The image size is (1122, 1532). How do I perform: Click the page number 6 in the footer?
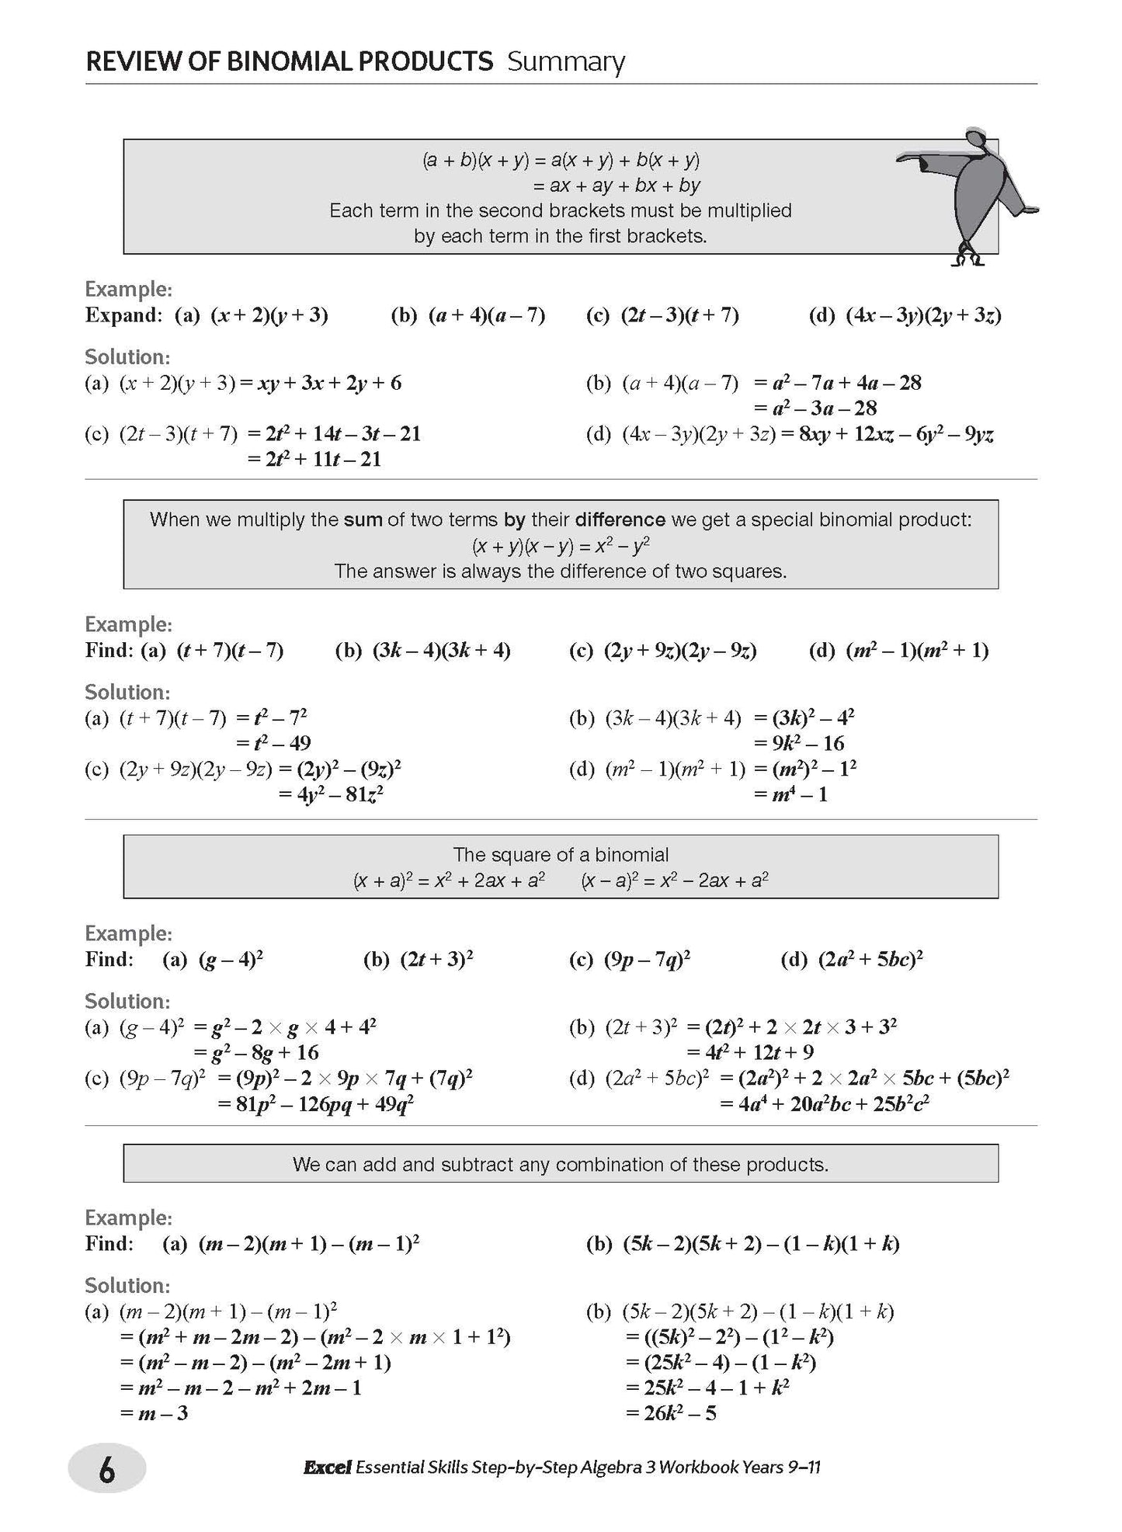coord(106,1470)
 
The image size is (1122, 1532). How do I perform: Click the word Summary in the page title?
coord(566,62)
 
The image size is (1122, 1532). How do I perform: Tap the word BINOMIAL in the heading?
coord(361,62)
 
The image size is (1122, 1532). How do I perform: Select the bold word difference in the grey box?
coord(620,519)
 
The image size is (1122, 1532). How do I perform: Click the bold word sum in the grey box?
coord(363,519)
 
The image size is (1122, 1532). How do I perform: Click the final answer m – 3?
coord(155,1412)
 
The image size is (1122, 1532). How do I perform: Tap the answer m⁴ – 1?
coord(791,794)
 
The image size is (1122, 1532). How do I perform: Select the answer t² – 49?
coord(274,743)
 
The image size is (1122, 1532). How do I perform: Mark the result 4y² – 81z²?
coord(332,794)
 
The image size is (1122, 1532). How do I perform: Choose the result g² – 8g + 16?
coord(257,1052)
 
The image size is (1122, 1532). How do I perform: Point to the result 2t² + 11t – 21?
coord(314,459)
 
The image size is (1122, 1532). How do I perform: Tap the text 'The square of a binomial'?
coord(561,855)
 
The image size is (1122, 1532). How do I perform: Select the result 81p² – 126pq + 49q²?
coord(316,1103)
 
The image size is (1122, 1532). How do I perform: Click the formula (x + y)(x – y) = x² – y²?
coord(561,546)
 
